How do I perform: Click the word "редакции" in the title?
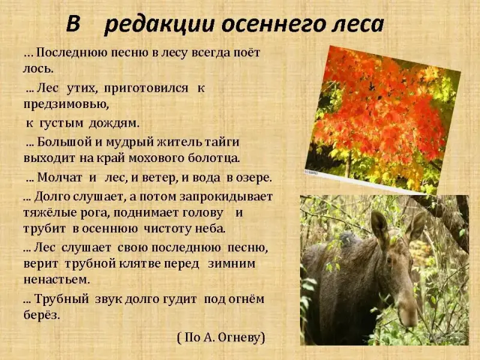(x=158, y=25)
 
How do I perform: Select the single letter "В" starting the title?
(x=73, y=24)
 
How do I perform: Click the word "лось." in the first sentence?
(x=38, y=68)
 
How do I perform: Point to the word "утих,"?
(x=82, y=88)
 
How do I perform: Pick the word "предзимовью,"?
(x=66, y=104)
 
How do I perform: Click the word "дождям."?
(x=114, y=124)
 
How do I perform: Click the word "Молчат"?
(x=59, y=178)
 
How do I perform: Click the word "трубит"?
(x=44, y=229)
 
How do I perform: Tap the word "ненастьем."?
(x=56, y=280)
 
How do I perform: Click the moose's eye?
(x=389, y=260)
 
